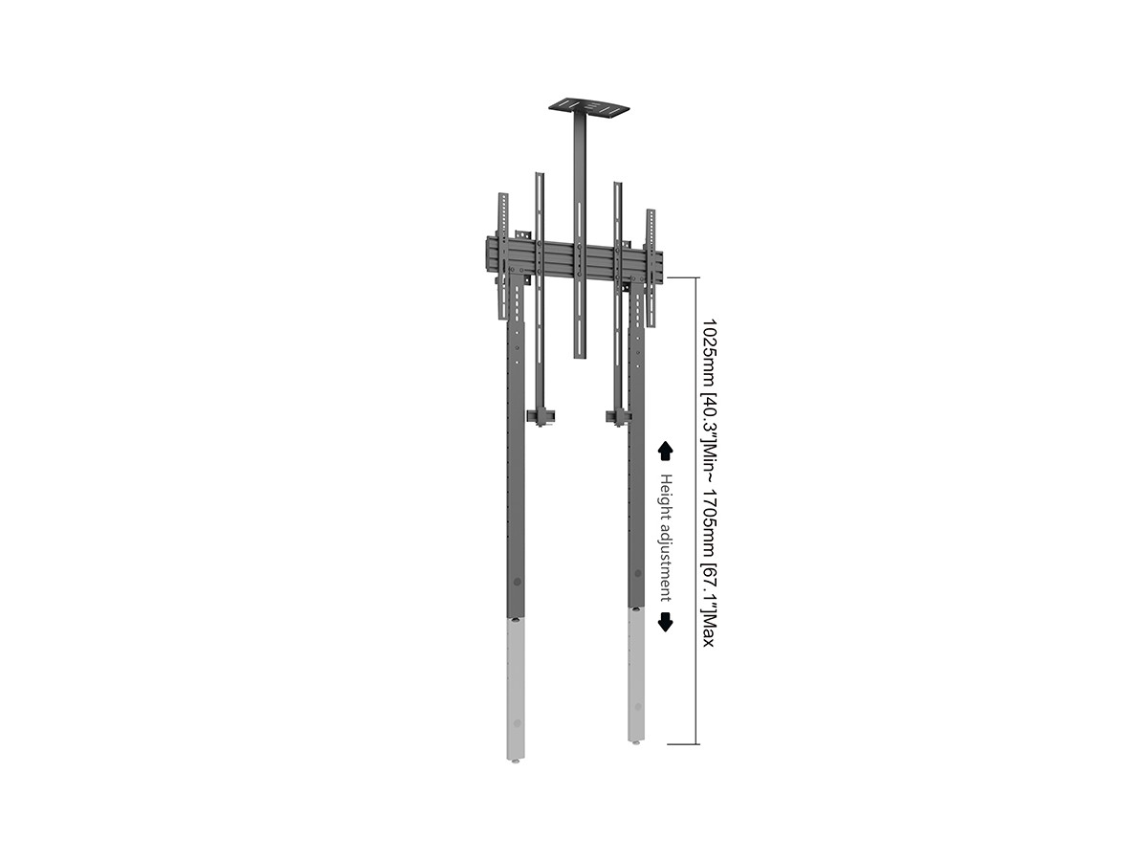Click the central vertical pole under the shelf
click(579, 235)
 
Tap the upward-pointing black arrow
click(665, 451)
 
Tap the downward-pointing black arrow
click(665, 622)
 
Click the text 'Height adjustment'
click(665, 538)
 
